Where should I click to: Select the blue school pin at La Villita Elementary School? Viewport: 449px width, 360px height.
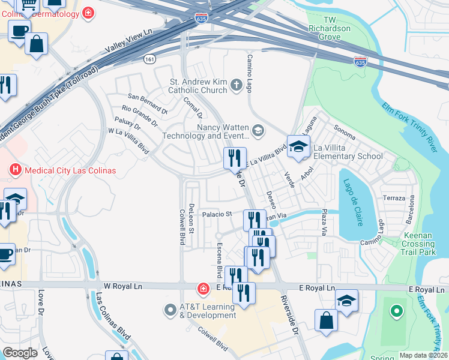(x=298, y=146)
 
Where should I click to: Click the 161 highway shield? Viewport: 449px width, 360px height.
(x=149, y=59)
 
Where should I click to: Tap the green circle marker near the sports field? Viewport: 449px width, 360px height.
(x=396, y=311)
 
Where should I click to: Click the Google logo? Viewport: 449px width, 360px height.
(x=20, y=353)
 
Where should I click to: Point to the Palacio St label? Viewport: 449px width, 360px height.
(x=217, y=214)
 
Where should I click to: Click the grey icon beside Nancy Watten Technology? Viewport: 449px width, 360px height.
(x=258, y=130)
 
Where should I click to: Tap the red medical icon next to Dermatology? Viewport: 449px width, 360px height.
(x=89, y=13)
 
